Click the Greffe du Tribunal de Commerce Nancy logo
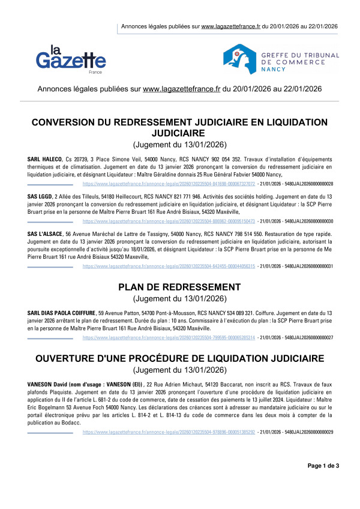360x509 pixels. tap(281, 58)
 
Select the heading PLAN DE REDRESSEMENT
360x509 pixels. tap(179, 288)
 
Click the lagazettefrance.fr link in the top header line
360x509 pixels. tap(231, 26)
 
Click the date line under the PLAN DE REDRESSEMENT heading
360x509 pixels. tap(179, 298)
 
